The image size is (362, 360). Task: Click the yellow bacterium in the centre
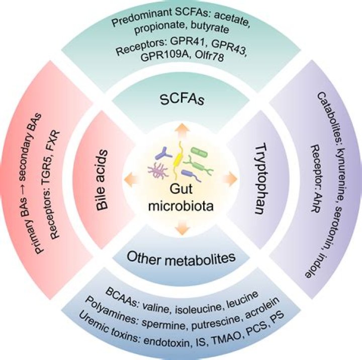177,160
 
